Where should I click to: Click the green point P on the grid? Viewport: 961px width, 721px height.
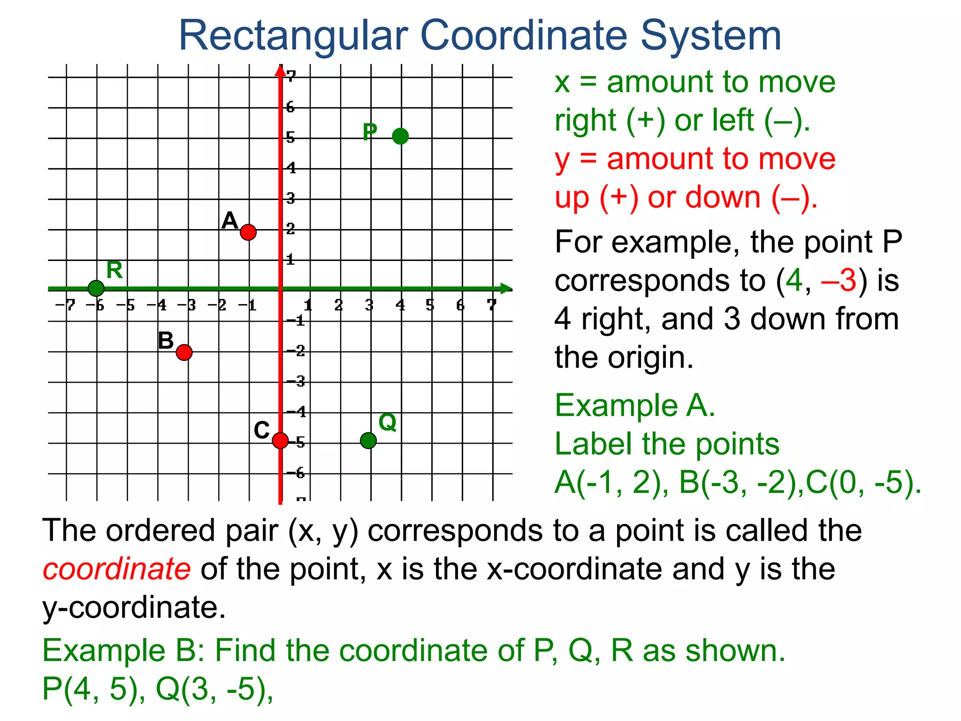click(400, 136)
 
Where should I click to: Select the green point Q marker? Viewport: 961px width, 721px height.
click(368, 440)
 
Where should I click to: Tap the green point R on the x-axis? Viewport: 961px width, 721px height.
click(96, 288)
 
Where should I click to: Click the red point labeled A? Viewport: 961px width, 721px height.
click(248, 232)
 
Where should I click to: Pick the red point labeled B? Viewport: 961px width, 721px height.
click(184, 352)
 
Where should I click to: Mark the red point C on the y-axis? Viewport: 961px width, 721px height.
click(280, 440)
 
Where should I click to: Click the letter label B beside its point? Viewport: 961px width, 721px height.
click(166, 341)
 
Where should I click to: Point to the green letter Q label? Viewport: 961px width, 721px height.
click(388, 422)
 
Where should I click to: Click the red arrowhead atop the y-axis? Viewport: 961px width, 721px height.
click(280, 70)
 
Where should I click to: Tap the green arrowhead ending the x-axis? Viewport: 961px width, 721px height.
click(506, 289)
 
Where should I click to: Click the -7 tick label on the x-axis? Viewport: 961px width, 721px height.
click(65, 306)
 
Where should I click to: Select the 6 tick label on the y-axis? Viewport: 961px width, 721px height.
click(290, 107)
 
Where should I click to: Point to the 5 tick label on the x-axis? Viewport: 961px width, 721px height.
click(430, 306)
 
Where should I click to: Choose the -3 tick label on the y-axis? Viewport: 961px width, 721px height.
click(296, 381)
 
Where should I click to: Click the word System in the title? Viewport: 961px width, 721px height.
click(711, 36)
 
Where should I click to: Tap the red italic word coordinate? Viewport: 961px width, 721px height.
click(116, 569)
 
